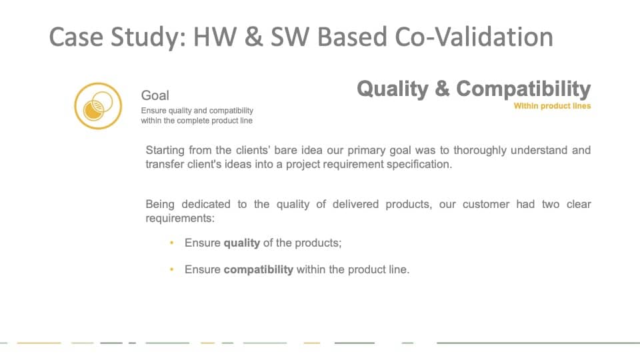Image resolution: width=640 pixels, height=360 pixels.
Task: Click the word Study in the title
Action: tap(145, 37)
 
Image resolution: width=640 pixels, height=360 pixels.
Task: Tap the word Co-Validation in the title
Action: tap(474, 36)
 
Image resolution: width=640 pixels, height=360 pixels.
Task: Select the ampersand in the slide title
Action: tap(253, 36)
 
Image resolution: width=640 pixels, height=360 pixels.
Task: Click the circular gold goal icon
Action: tap(98, 106)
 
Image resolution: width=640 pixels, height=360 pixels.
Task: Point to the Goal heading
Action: tap(155, 95)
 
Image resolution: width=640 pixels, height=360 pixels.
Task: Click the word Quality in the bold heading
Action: tap(393, 89)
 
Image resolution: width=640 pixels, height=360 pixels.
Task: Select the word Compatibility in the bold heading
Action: tap(523, 89)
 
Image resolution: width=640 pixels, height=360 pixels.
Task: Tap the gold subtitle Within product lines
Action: tap(552, 106)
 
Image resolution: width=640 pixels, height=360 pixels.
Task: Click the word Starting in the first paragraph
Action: tap(165, 151)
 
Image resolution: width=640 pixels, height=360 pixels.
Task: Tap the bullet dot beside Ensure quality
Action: tap(172, 243)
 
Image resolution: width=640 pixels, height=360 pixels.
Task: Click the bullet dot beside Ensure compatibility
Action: tap(172, 269)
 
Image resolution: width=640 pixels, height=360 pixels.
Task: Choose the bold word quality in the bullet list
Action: tap(241, 243)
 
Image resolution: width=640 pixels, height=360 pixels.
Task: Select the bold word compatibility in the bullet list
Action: tap(259, 270)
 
